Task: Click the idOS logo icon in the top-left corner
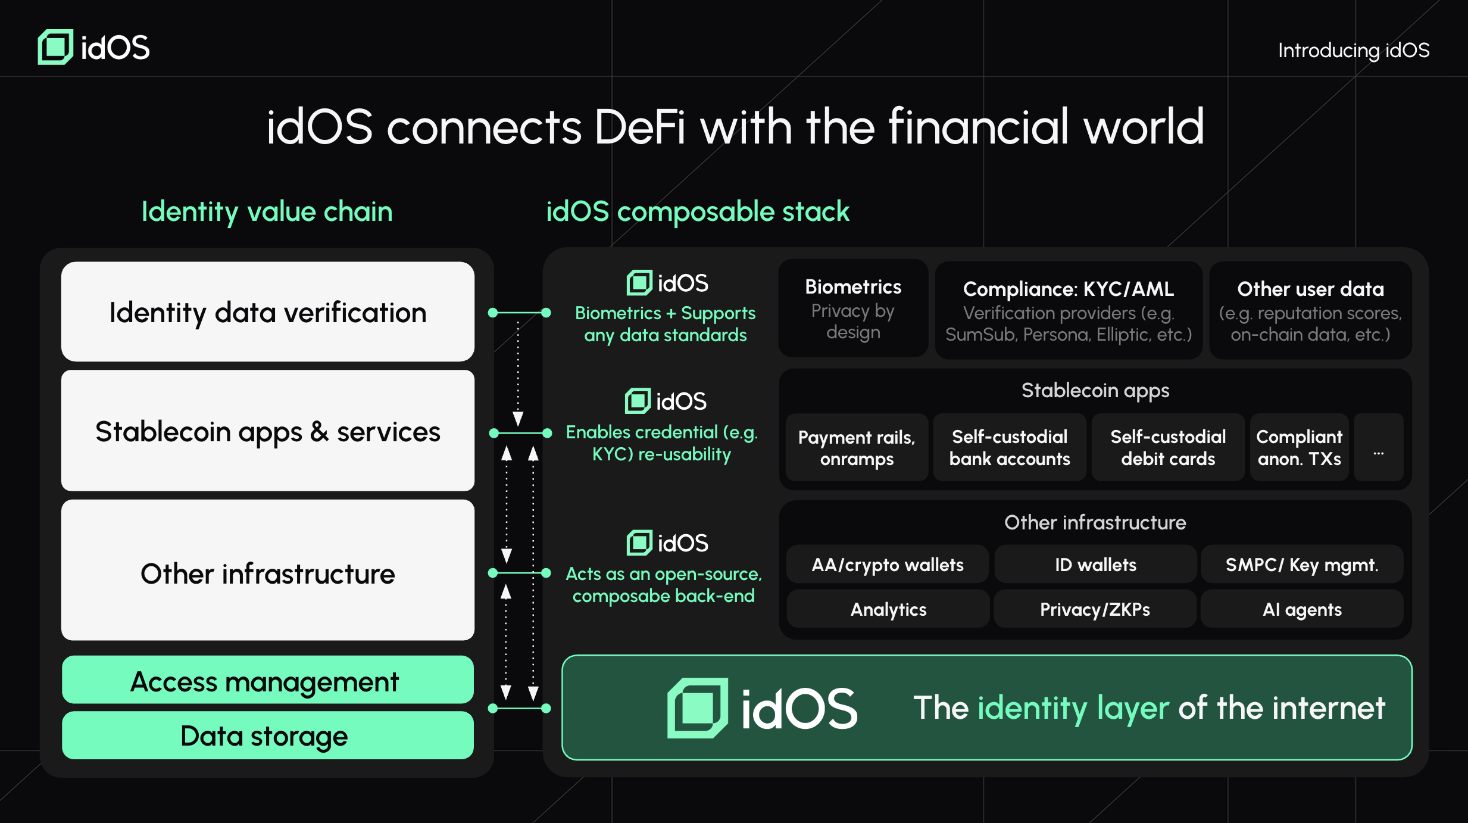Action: click(55, 47)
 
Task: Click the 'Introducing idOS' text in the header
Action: click(1354, 51)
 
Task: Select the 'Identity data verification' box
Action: click(268, 311)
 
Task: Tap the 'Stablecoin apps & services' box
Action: click(268, 431)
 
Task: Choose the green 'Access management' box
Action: click(268, 679)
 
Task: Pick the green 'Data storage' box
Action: click(268, 735)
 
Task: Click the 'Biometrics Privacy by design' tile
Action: click(853, 308)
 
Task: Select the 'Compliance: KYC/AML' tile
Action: click(1069, 310)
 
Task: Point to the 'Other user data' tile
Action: click(1310, 310)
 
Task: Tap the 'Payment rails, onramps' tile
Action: click(857, 447)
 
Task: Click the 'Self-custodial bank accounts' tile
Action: click(1010, 447)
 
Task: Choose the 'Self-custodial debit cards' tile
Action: click(1168, 447)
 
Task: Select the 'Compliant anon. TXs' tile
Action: click(1299, 447)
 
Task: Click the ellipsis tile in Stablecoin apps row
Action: click(1379, 447)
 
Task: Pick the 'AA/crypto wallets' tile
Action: click(888, 564)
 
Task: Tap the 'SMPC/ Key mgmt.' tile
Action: click(1302, 564)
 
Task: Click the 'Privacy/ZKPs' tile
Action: click(1095, 609)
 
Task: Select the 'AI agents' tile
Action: click(1302, 609)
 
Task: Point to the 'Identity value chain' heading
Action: click(267, 212)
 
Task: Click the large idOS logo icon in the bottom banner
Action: click(698, 708)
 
